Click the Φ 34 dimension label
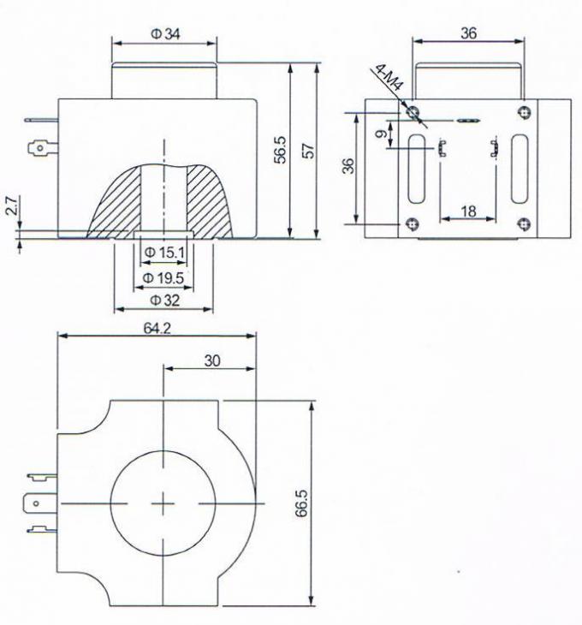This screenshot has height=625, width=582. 165,34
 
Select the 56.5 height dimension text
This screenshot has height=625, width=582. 281,150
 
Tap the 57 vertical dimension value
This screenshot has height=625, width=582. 308,151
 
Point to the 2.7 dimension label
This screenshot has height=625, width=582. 11,205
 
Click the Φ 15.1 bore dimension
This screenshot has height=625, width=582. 164,253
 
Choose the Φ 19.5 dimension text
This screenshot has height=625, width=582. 163,277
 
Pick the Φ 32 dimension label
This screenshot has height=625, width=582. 164,301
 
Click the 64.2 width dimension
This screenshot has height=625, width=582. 157,328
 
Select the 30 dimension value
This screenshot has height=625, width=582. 212,360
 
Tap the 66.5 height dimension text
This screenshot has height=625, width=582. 301,503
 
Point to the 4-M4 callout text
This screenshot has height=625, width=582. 389,78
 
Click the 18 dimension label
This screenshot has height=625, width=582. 468,211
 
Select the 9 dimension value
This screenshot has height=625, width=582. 381,134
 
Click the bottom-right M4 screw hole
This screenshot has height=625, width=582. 524,224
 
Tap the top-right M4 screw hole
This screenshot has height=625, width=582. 525,112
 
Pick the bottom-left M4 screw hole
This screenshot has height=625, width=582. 413,224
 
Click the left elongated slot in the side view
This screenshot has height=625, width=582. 417,169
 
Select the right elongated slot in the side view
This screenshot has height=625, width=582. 520,169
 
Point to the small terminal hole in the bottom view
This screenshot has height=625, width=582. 36,503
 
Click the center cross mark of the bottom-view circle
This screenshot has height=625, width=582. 163,503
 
